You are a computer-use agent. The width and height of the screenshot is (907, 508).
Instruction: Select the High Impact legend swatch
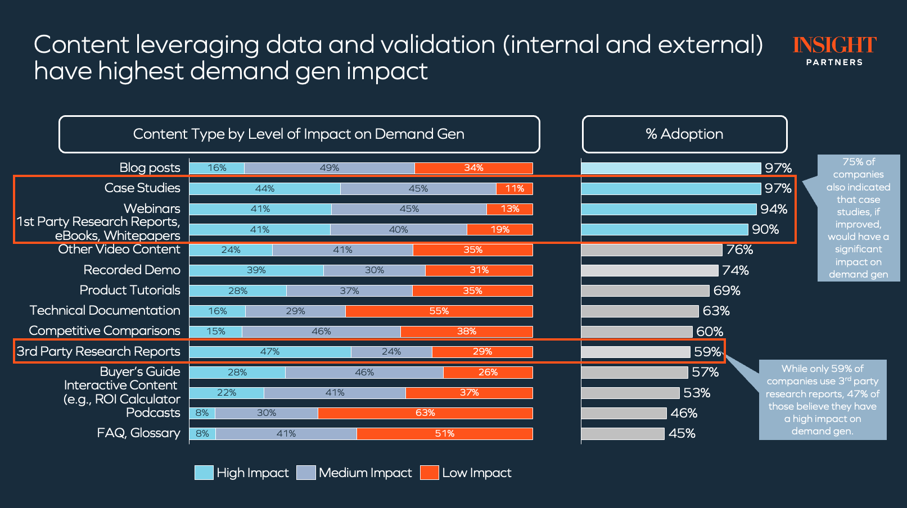coord(204,473)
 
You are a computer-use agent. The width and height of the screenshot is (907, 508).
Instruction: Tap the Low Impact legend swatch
coord(429,473)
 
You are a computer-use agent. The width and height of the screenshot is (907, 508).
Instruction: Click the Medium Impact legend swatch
coord(306,473)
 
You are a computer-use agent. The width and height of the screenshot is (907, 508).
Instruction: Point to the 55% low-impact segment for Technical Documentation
coord(439,311)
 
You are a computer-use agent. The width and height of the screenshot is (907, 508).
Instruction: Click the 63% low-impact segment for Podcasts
coord(425,413)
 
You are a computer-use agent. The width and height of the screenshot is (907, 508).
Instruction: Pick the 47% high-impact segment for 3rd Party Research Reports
coord(270,352)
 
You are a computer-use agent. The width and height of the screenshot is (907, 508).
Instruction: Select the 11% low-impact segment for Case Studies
coord(515,189)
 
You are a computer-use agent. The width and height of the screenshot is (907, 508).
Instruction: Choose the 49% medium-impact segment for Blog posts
coord(330,168)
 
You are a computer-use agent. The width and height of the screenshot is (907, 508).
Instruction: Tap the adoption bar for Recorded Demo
coord(649,270)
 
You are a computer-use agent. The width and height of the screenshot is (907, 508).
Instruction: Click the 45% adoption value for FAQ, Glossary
coord(682,434)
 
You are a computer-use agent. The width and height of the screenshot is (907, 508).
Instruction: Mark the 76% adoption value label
coord(739,250)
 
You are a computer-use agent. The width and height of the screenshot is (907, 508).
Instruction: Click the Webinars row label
coord(152,208)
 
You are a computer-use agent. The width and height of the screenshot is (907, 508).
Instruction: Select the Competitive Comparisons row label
coord(105,331)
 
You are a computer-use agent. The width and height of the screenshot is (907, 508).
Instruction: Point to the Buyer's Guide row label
coord(140,371)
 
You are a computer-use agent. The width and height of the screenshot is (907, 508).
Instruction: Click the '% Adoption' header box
coord(684,134)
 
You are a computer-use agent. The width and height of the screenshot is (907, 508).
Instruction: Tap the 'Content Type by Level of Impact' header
coord(299,134)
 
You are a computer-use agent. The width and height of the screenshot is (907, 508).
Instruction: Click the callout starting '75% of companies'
coord(858,218)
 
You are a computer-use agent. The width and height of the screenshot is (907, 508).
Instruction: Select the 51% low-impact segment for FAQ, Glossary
coord(444,434)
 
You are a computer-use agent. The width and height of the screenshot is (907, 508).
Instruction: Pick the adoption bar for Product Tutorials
coord(645,291)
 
